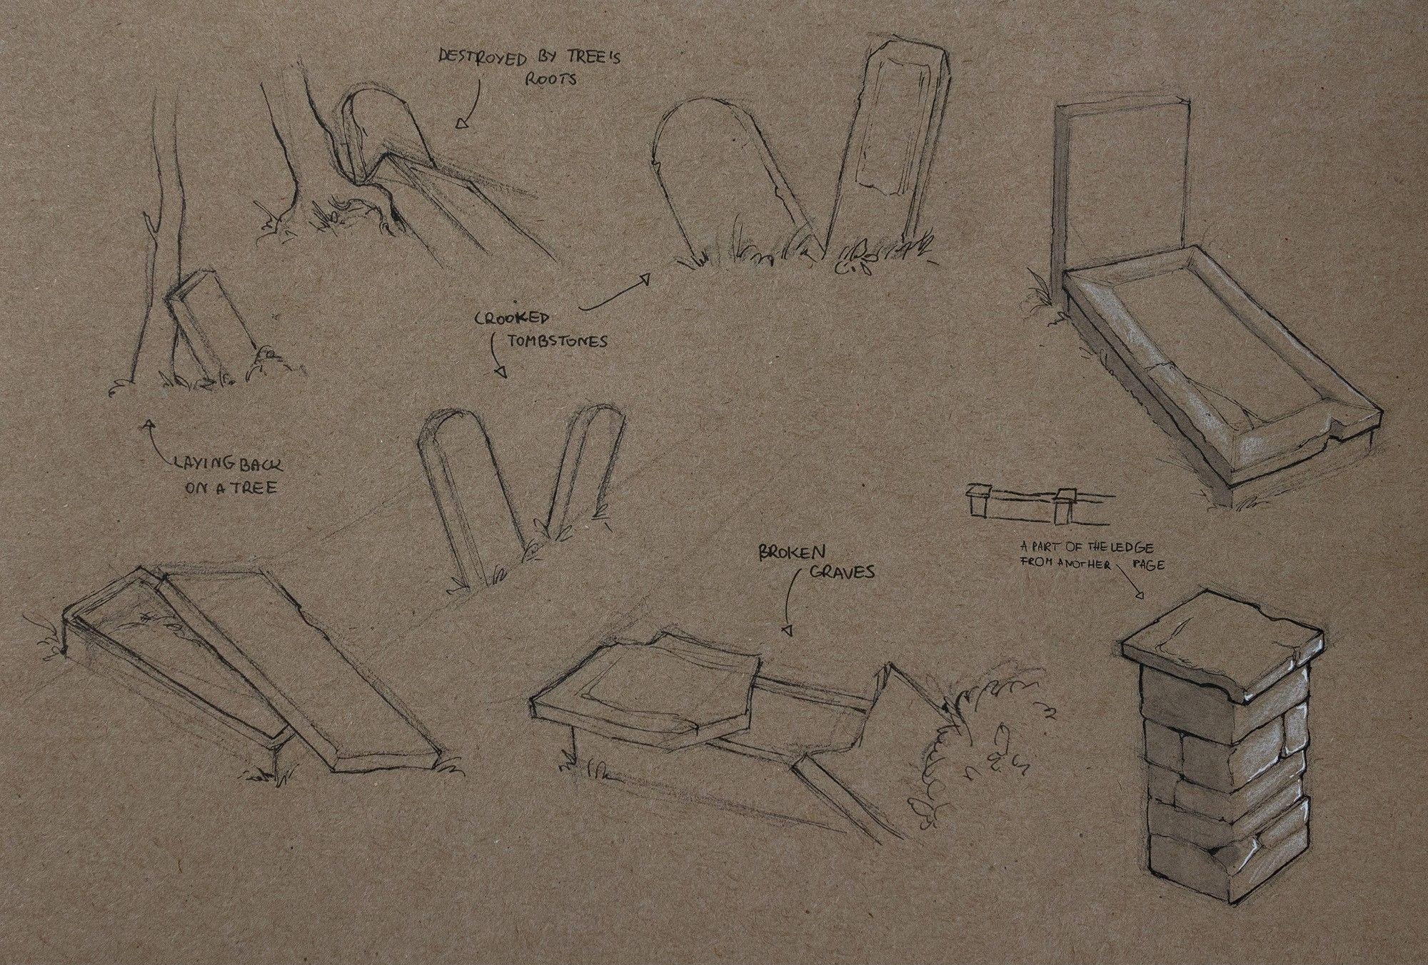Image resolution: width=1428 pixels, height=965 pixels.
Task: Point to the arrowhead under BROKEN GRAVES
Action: (x=788, y=630)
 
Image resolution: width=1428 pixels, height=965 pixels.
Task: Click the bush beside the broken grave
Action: (x=978, y=742)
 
